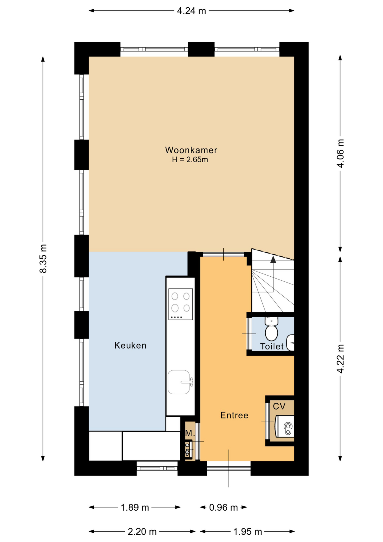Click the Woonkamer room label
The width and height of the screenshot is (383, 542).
191,150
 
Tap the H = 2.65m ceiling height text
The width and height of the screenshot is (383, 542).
190,160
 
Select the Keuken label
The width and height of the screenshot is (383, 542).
130,346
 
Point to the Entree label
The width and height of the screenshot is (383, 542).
234,415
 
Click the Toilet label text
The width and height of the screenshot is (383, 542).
272,346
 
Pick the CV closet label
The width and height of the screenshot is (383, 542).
279,406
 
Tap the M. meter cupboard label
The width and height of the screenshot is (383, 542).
190,433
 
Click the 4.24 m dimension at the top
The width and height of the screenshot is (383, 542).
191,11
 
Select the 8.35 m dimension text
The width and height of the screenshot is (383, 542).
43,259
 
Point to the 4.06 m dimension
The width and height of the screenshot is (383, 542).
341,154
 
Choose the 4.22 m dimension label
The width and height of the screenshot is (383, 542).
341,359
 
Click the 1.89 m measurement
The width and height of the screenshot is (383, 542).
135,508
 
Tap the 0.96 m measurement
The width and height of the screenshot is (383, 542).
223,508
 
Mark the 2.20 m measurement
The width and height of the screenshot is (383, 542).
142,532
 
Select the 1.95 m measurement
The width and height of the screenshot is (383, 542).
248,532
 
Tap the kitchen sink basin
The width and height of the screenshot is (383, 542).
179,382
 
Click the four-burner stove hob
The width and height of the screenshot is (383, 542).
181,304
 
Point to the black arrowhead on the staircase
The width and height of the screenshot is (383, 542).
273,260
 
